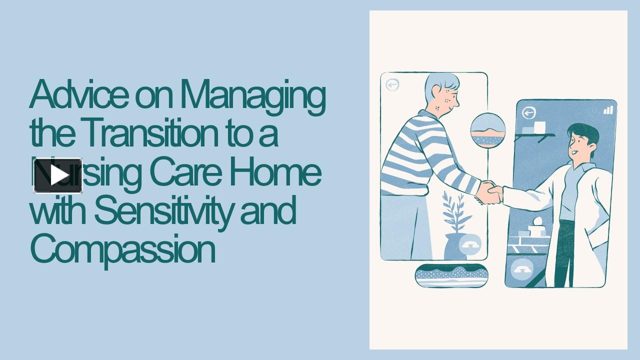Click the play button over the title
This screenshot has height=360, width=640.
[58, 175]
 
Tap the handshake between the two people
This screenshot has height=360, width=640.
[488, 192]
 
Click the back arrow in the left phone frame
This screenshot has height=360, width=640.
[392, 85]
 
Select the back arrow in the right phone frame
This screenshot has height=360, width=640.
[528, 113]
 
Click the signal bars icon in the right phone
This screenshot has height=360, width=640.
[607, 109]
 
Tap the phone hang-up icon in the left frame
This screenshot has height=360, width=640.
[470, 244]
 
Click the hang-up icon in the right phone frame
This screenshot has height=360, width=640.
[522, 270]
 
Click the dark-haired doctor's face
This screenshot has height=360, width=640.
[580, 144]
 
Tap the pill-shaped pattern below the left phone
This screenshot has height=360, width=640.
[451, 275]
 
